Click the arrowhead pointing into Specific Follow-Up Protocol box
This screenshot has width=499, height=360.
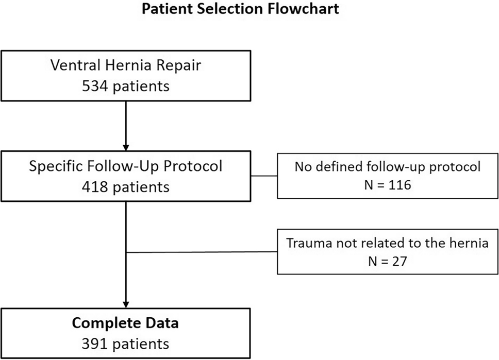(126, 145)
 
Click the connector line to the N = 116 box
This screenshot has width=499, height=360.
(264, 176)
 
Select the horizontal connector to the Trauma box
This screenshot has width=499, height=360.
(201, 252)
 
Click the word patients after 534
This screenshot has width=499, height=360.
(140, 86)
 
